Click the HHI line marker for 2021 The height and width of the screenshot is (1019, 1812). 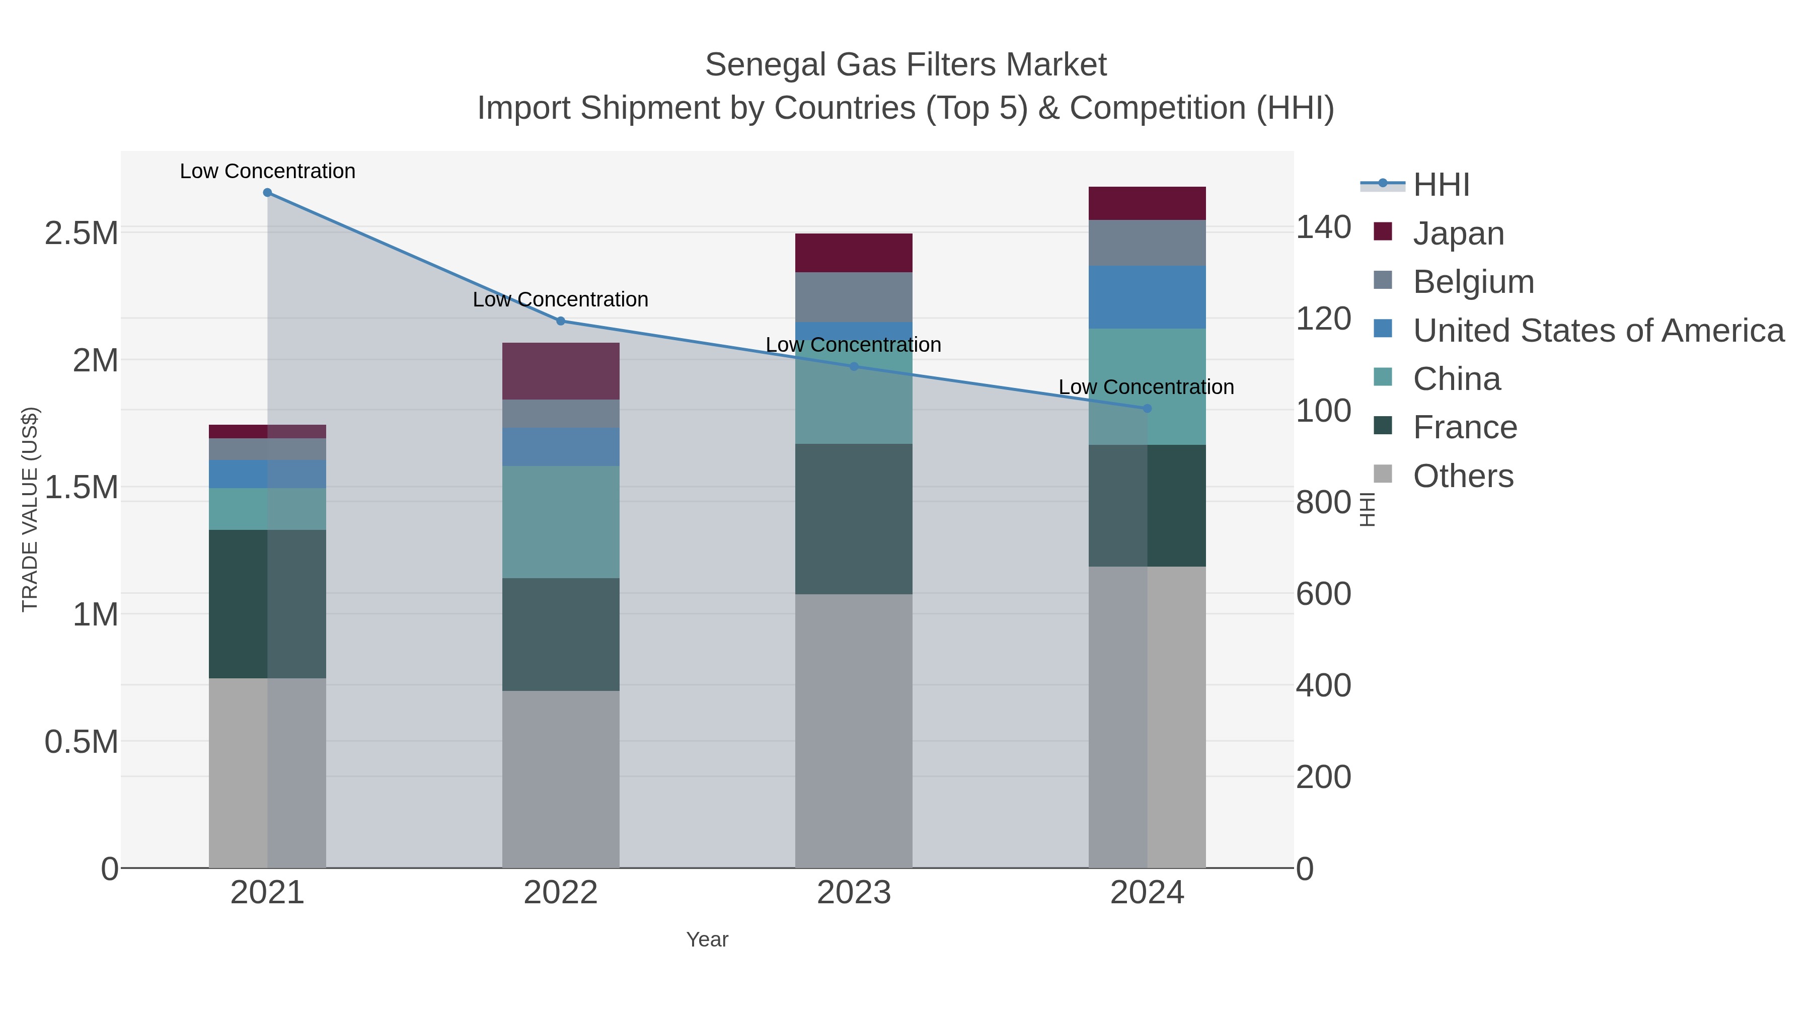[267, 193]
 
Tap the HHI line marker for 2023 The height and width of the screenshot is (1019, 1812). [854, 366]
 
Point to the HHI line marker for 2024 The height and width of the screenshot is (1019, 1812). [1147, 409]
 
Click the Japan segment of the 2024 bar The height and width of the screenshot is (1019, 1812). [1147, 203]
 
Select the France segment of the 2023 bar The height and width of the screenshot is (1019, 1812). [854, 519]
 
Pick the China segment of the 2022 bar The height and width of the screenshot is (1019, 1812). [561, 522]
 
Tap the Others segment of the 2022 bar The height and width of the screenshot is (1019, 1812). [561, 779]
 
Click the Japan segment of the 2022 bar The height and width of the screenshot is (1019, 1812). [561, 371]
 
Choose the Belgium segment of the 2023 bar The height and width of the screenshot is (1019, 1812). [854, 297]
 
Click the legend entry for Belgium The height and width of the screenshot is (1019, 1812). [1473, 282]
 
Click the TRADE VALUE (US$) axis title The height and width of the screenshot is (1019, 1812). [30, 509]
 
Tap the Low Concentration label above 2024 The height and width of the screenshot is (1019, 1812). [1147, 387]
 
